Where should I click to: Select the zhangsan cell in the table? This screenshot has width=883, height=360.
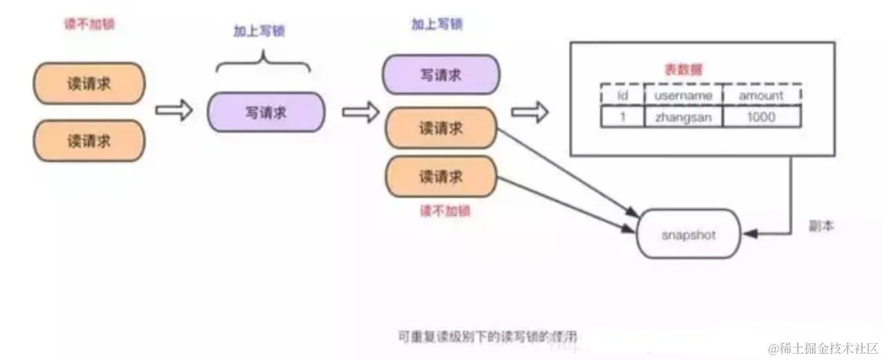click(x=682, y=117)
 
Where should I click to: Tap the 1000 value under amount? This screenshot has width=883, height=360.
click(x=761, y=117)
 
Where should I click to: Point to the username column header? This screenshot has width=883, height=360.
click(x=682, y=96)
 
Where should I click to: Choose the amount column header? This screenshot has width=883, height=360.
click(x=761, y=96)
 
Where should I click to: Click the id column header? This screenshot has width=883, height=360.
click(x=621, y=96)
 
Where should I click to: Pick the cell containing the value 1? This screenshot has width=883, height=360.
click(x=621, y=117)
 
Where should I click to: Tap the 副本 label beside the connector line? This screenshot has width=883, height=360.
click(x=821, y=226)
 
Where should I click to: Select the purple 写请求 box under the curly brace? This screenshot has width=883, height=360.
click(x=266, y=112)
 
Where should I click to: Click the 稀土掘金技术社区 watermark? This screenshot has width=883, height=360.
click(x=823, y=346)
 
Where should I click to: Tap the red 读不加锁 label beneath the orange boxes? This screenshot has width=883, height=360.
click(x=444, y=211)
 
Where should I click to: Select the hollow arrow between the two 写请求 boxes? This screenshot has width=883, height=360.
click(x=361, y=111)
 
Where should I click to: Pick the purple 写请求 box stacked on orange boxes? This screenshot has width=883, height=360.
click(x=440, y=75)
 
